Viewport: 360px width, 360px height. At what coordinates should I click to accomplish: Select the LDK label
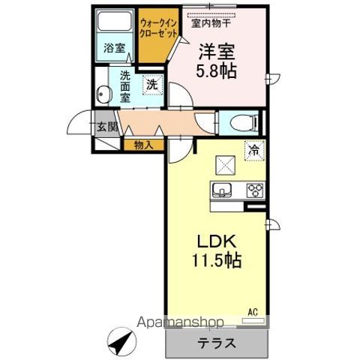point(216,241)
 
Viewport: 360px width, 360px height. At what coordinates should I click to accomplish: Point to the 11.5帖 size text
point(216,262)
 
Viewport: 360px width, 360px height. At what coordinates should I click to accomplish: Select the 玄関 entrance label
point(106,126)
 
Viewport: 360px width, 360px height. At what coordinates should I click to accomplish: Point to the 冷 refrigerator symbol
point(255,150)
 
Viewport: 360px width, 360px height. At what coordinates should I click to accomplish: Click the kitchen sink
point(223,188)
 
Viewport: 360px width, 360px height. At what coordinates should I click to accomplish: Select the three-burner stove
point(254,189)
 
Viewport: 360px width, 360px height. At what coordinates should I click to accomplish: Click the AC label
point(253,310)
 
